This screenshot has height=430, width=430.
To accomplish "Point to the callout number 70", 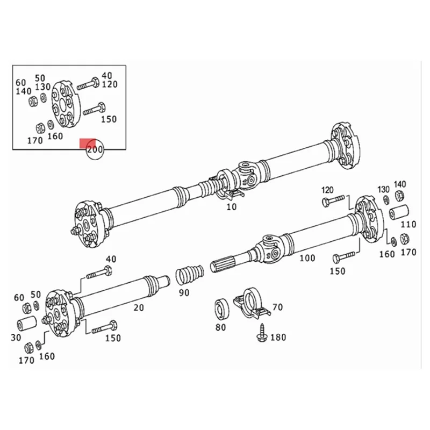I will tap(277, 307).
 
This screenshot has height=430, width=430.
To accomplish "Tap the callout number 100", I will tap(307, 259).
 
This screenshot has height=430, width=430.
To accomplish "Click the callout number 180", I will tap(277, 338).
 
